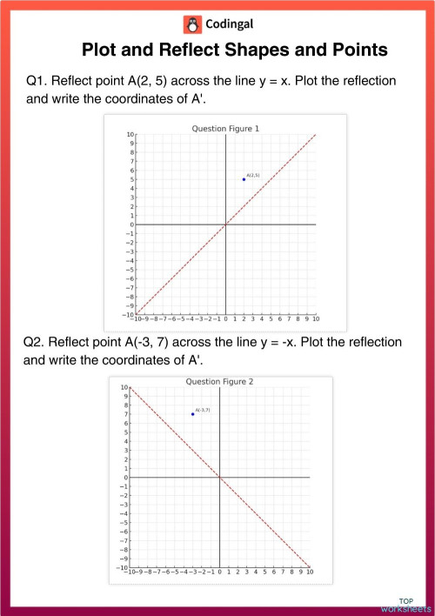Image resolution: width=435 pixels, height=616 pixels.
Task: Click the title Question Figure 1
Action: click(x=225, y=128)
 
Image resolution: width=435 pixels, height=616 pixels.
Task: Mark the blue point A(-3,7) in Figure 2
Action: click(x=192, y=414)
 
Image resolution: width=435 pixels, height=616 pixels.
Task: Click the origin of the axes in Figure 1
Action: click(x=225, y=224)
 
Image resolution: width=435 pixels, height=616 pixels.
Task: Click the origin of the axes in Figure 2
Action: click(x=219, y=477)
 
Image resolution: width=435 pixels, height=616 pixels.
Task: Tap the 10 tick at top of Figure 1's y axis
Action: click(x=130, y=135)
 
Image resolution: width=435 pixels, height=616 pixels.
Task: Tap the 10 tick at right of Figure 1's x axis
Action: click(x=316, y=318)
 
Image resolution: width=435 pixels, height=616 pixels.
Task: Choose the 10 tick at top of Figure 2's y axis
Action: click(x=124, y=387)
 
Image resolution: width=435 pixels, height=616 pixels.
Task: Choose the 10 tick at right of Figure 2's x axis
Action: click(x=309, y=572)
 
